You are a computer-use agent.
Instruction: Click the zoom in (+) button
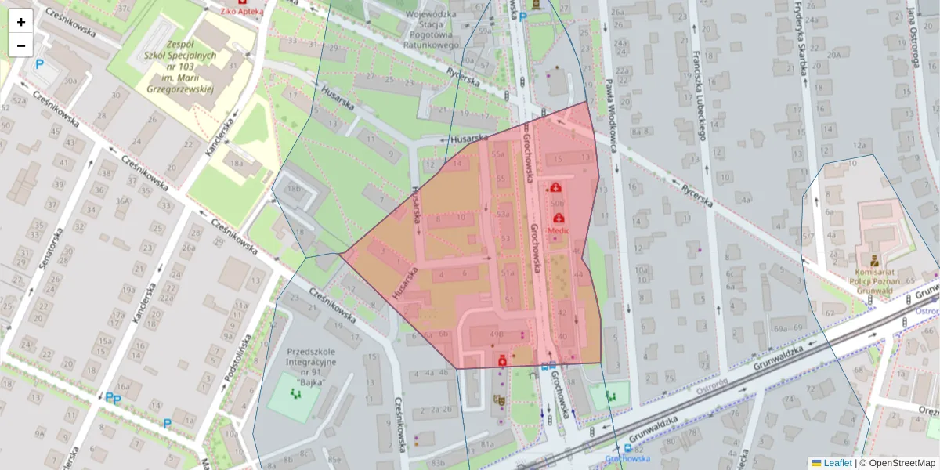(x=21, y=21)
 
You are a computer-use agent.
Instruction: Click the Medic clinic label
(x=559, y=231)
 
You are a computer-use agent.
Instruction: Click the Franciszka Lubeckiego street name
(x=699, y=95)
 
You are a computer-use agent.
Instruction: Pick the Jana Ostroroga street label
(x=913, y=35)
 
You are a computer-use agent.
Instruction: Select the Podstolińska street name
(x=237, y=357)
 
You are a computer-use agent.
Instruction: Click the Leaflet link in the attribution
(x=837, y=463)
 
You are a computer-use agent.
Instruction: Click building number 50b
(x=557, y=203)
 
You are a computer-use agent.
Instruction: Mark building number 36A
(x=123, y=201)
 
